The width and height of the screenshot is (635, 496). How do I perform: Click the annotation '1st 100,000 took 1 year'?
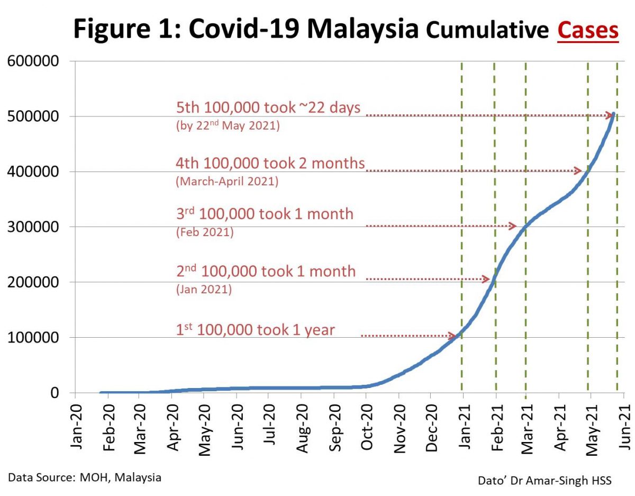256,330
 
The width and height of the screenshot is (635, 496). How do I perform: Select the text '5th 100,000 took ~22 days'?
268,108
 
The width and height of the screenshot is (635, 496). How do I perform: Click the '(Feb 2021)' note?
204,232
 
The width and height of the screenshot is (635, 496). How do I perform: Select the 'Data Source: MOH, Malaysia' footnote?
85,477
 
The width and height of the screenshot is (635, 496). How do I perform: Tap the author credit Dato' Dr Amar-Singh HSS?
545,481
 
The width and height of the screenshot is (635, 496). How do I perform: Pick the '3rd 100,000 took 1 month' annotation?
265,214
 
